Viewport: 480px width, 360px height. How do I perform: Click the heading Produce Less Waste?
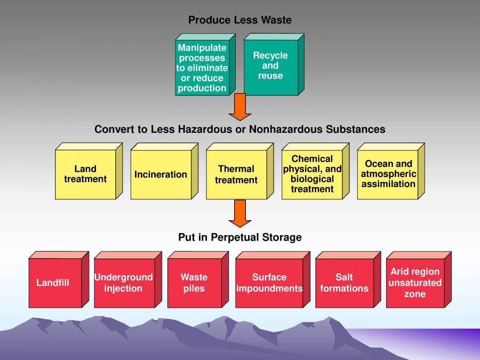(x=240, y=20)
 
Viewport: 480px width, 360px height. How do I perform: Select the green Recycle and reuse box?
(x=270, y=67)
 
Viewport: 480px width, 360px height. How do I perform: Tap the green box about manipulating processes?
(x=202, y=68)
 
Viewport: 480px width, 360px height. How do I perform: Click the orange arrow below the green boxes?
(x=240, y=107)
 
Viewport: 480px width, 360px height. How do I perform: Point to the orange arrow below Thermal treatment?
(x=240, y=213)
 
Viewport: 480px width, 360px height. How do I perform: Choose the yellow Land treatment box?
(x=85, y=174)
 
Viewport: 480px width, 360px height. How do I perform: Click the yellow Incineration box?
(x=161, y=174)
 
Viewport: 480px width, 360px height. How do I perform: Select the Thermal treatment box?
(x=236, y=174)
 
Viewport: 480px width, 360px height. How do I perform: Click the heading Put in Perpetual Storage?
(x=240, y=237)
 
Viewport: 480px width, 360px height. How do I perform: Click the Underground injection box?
(x=124, y=283)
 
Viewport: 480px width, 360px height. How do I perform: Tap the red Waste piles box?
(x=194, y=283)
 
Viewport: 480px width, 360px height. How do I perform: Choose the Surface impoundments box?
(x=269, y=283)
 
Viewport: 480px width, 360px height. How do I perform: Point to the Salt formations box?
(x=345, y=283)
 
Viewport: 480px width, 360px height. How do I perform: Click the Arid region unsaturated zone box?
(x=415, y=283)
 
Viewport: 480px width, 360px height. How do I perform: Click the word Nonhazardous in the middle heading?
(x=310, y=130)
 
